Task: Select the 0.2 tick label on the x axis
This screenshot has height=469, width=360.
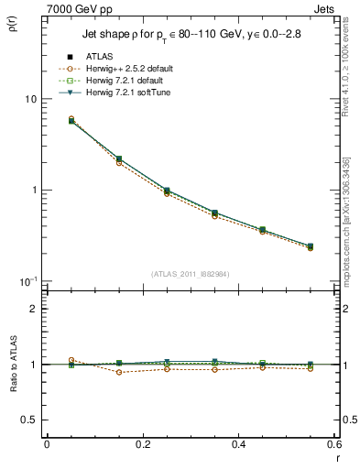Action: [x=142, y=444]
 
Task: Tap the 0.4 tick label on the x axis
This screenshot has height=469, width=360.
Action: [x=238, y=444]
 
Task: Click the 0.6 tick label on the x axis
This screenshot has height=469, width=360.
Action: [x=333, y=444]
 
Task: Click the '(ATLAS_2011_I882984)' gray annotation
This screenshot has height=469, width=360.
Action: [x=190, y=274]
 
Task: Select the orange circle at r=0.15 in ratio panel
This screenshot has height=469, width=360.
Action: [x=119, y=372]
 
